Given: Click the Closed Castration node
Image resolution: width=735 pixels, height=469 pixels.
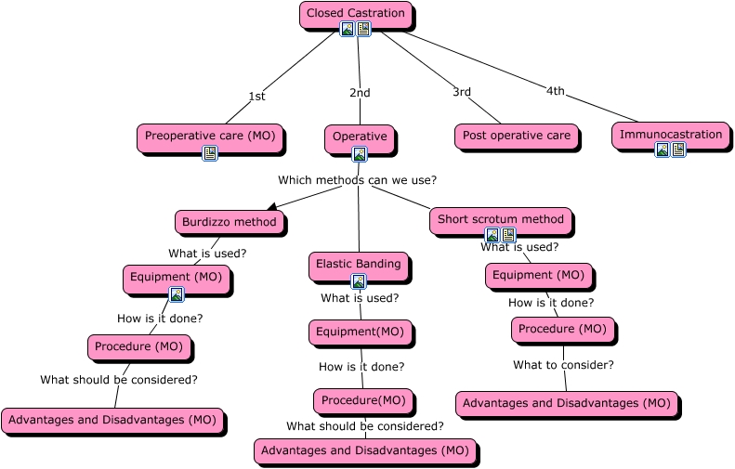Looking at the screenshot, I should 356,14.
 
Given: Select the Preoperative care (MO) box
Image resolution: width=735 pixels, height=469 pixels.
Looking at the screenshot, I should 210,136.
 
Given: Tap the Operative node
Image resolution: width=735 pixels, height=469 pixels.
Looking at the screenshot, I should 360,137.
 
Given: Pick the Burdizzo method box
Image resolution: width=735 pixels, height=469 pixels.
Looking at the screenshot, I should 229,222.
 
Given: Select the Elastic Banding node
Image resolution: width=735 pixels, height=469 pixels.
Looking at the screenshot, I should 359,264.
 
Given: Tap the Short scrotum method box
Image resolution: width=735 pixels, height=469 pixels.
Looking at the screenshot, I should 501,220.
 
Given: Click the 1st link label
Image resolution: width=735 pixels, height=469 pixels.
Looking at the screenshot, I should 257,97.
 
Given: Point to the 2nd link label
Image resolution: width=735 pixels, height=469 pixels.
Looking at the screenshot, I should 360,93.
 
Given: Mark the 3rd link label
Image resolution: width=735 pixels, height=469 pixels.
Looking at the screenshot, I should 462,92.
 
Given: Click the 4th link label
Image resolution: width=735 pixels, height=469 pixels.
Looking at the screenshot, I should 556,91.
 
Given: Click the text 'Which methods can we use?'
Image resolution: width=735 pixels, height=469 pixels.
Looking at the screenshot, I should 358,180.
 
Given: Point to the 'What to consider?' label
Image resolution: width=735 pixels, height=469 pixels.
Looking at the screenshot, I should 563,365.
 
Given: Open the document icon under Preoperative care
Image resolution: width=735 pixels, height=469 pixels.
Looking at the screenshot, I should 210,153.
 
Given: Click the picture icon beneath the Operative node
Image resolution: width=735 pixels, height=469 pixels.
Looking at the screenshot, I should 360,154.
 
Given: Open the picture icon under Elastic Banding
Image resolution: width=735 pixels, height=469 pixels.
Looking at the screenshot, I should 359,281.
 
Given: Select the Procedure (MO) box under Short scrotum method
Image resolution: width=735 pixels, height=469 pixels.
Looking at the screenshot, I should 562,329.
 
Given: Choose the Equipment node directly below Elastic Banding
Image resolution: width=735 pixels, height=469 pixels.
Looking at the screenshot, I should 360,332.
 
